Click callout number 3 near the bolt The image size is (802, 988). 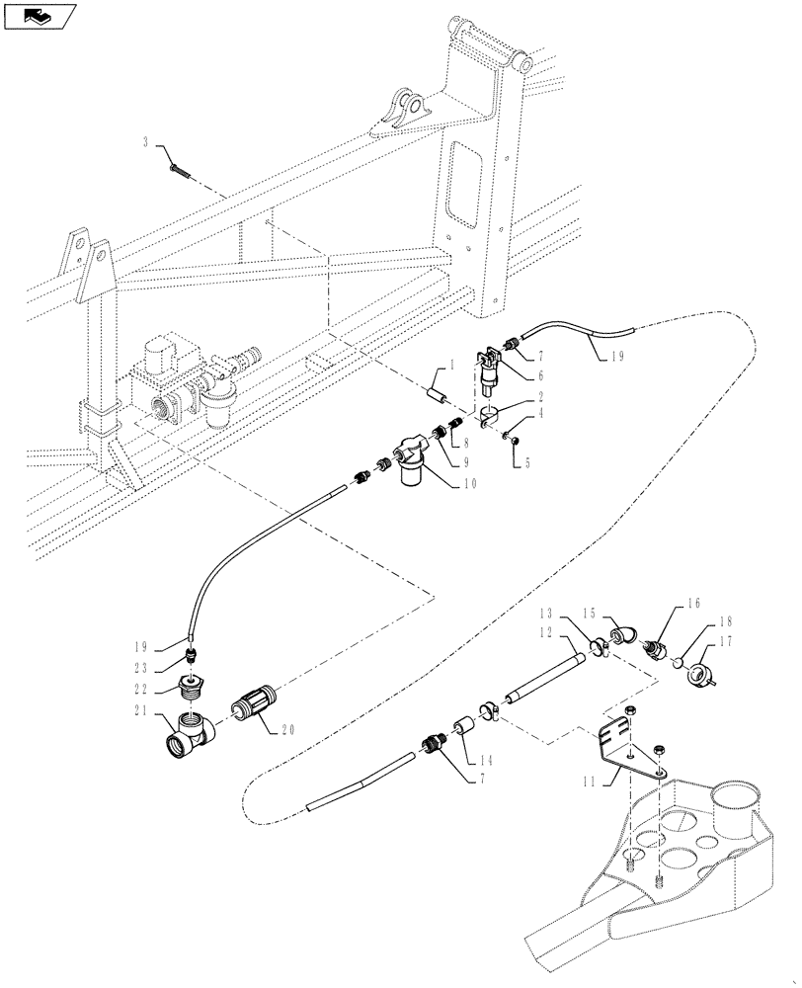click(x=145, y=143)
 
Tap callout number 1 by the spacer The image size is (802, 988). click(x=450, y=367)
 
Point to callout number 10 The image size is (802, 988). click(x=468, y=484)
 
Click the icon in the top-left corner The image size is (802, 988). click(x=40, y=15)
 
